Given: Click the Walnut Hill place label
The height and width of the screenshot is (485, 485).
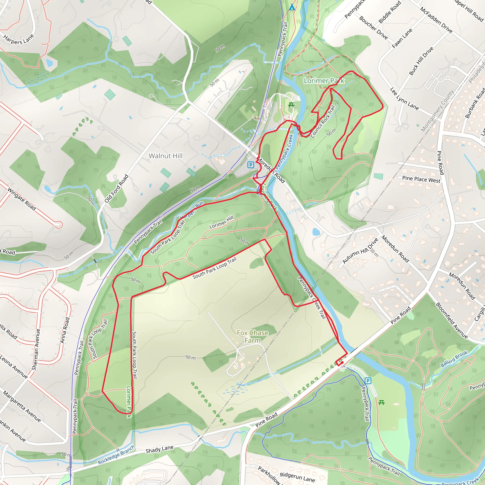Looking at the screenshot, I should (x=166, y=156).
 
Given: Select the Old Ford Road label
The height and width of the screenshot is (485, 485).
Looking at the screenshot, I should (x=117, y=189).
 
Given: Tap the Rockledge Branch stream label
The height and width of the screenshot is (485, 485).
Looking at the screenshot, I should (x=116, y=455).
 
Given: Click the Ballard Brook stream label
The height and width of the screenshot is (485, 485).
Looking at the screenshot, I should (x=454, y=359).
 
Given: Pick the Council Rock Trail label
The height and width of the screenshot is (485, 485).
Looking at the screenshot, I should (x=323, y=121).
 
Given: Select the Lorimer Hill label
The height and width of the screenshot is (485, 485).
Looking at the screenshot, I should (x=221, y=222).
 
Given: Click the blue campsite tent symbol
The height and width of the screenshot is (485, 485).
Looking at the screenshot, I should (x=292, y=7).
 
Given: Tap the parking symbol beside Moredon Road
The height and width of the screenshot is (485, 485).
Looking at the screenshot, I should (x=251, y=165).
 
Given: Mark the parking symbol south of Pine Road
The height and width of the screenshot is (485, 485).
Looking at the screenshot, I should (x=368, y=381).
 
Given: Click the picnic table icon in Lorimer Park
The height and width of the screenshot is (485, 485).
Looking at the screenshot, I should (x=291, y=105).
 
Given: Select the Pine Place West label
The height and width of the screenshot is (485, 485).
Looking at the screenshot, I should (x=421, y=179).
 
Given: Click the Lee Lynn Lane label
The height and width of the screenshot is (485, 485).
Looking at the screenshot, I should (x=404, y=99).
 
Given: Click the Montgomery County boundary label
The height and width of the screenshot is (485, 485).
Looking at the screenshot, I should (x=437, y=111).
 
